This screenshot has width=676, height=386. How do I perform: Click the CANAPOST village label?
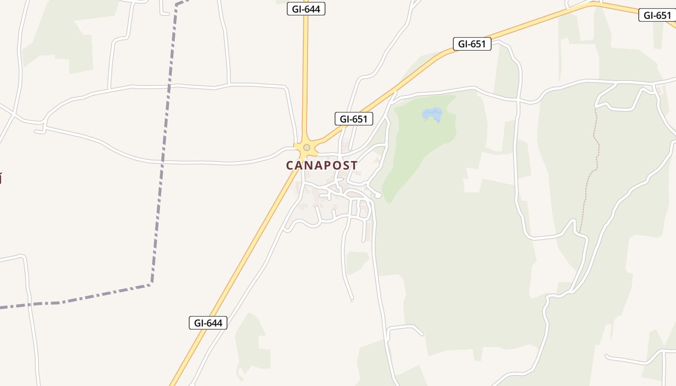point(322,165)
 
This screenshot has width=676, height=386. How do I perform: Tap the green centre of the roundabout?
point(307,147)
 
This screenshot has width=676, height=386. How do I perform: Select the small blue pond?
point(432,114)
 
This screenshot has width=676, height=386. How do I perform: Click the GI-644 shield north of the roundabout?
point(306,9)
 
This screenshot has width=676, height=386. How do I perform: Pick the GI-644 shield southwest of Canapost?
point(208,323)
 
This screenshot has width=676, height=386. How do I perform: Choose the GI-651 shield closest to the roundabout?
point(354,119)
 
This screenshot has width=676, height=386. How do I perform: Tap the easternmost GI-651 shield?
point(658,15)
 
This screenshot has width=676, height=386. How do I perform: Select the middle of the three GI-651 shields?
point(472,44)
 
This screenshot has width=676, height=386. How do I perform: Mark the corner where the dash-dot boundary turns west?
point(151,285)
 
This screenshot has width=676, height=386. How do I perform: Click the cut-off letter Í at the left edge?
point(1,179)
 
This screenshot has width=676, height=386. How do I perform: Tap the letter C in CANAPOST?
point(290,165)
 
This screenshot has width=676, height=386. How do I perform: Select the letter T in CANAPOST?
point(354,165)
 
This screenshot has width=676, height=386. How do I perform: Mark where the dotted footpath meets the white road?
point(579,232)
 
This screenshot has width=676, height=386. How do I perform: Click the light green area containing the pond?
point(420,140)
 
